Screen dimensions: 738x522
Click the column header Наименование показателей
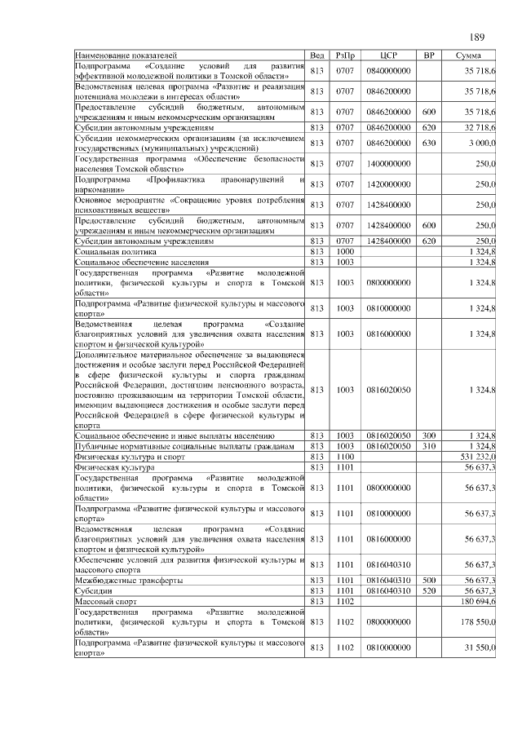[x=126, y=55]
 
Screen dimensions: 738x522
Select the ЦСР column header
[x=388, y=55]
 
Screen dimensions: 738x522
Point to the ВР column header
[x=429, y=55]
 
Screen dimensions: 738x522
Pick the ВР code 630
[x=429, y=143]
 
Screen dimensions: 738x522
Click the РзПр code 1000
[x=344, y=253]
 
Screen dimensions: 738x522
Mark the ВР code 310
[x=429, y=447]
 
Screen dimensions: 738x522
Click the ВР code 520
[x=429, y=590]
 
